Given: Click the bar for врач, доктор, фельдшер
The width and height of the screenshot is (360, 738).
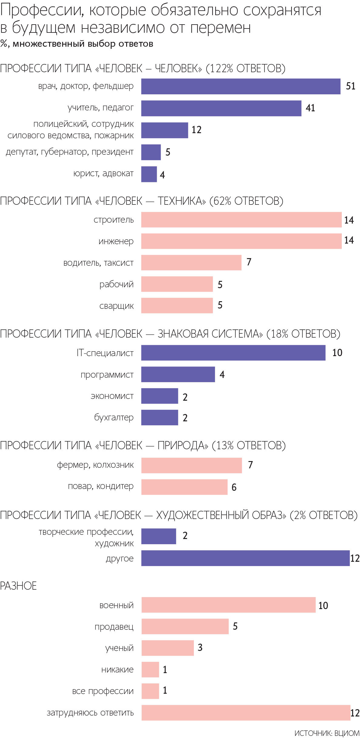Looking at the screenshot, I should pos(241,86).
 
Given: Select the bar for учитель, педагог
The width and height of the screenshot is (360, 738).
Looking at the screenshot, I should pos(221,108).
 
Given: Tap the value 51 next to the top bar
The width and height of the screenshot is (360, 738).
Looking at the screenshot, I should pos(350,86).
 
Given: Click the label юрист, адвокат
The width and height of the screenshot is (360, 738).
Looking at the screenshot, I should pos(103,174).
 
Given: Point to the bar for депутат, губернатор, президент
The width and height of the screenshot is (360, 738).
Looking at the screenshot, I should pos(151,152).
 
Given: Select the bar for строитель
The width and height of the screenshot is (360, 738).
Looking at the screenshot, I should pos(241,220).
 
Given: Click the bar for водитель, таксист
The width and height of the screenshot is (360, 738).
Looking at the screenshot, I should pos(191,263).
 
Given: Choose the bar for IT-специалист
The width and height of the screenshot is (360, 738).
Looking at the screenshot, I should pos(233,353).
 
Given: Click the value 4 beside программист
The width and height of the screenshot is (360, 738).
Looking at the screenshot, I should pos(222,375).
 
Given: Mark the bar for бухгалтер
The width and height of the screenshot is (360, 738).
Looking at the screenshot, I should pos(160,418).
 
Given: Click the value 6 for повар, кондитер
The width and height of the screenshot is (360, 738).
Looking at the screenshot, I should pos(234,487).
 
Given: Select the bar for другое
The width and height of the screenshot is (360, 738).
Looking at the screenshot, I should pos(245,558).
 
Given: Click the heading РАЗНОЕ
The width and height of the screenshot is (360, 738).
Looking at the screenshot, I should pos(19,586).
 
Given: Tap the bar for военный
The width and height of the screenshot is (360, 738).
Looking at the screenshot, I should pos(228,605).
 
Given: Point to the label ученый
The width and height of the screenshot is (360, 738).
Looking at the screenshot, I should pos(119,648).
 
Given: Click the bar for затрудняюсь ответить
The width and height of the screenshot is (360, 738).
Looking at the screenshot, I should pos(246,713).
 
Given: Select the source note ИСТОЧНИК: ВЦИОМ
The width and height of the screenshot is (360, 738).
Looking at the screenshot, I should pos(327,733).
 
